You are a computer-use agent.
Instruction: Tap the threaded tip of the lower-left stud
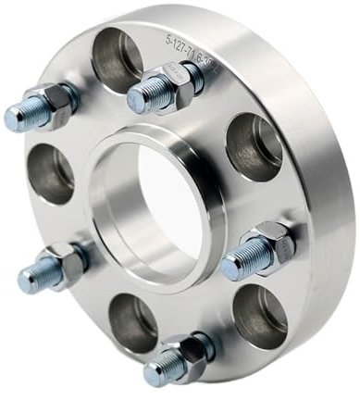29,279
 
